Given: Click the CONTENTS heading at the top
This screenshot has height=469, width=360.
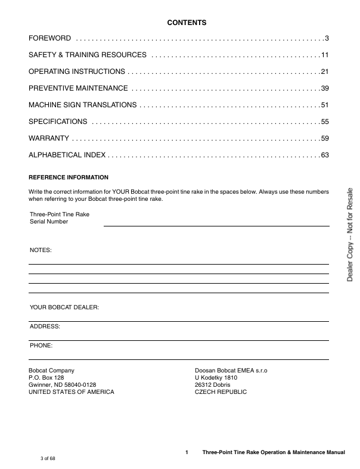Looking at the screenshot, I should pyautogui.click(x=187, y=23).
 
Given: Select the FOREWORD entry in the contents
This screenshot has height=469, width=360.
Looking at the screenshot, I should pyautogui.click(x=50, y=38).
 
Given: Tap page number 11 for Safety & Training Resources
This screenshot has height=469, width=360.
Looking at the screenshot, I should pyautogui.click(x=325, y=55).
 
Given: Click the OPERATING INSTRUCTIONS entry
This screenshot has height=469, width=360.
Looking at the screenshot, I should pyautogui.click(x=77, y=72).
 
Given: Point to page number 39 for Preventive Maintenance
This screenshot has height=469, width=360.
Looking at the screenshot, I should pyautogui.click(x=325, y=88).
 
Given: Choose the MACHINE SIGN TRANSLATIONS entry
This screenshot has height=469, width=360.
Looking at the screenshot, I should pyautogui.click(x=83, y=105).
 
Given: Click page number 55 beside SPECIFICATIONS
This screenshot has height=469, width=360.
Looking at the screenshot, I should pyautogui.click(x=325, y=122).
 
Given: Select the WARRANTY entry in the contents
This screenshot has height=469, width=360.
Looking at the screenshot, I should pyautogui.click(x=49, y=138).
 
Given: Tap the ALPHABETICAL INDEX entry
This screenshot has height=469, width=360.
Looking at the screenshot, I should pyautogui.click(x=67, y=155).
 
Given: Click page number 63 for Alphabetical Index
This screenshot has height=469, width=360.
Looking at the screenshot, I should pyautogui.click(x=325, y=155).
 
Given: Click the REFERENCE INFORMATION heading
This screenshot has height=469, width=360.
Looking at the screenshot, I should pyautogui.click(x=69, y=178).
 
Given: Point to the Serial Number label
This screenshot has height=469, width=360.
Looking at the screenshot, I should pyautogui.click(x=49, y=221).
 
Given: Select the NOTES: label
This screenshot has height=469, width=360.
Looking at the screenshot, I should pyautogui.click(x=41, y=250).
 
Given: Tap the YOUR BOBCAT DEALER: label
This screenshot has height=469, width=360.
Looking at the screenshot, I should pyautogui.click(x=64, y=308).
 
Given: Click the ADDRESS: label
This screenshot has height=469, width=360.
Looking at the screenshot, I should pyautogui.click(x=45, y=327).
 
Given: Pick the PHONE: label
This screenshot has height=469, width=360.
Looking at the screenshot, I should pyautogui.click(x=41, y=346).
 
